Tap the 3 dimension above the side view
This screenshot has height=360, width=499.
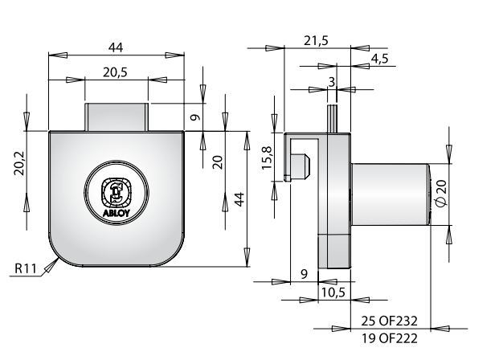(x=330, y=81)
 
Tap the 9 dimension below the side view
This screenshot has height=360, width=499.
(x=304, y=275)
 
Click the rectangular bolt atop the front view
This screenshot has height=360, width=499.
(x=117, y=117)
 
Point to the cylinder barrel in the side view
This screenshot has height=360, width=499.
(x=390, y=193)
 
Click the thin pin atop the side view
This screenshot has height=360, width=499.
(x=330, y=118)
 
